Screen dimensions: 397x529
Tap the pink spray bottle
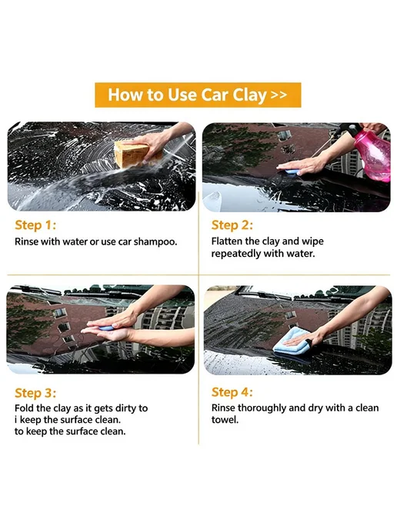372,155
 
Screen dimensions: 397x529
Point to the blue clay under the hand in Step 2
291,171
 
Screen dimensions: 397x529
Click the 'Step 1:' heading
35,225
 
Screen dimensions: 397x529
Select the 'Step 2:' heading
232,225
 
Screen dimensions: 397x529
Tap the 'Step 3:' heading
35,393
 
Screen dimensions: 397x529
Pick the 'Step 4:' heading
232,392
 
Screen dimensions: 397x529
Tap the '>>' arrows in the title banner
279,95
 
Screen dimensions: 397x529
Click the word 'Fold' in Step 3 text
24,408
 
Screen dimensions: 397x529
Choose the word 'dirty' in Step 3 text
125,408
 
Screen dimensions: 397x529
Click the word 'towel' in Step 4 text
224,420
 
